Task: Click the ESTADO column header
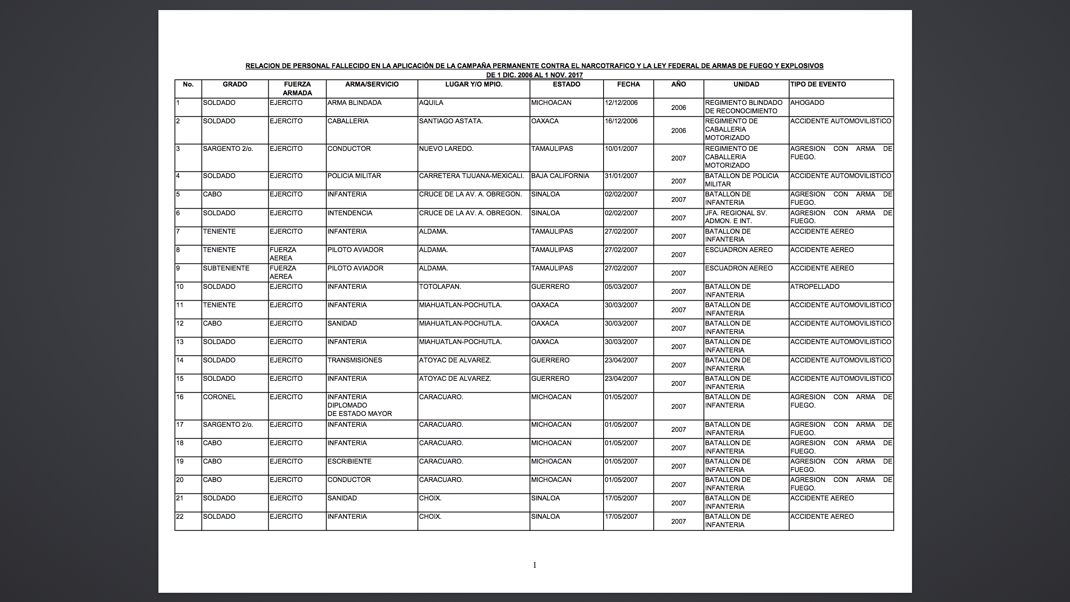(566, 84)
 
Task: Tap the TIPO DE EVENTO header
(818, 84)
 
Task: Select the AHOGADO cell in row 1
(807, 103)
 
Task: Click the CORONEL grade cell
(219, 397)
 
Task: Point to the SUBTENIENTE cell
(226, 268)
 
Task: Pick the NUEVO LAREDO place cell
(446, 149)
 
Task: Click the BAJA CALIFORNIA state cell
(560, 176)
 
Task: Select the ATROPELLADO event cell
(815, 287)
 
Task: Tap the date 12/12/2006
(621, 103)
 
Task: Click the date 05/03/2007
(621, 287)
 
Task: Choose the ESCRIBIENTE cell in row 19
(349, 462)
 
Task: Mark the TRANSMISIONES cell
(354, 360)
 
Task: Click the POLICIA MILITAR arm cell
(354, 176)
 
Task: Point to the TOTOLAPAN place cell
(440, 287)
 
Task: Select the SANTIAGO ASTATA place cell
(451, 121)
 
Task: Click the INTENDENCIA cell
(350, 213)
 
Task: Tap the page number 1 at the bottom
(535, 565)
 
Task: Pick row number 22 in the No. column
(180, 517)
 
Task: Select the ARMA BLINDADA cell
(354, 103)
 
